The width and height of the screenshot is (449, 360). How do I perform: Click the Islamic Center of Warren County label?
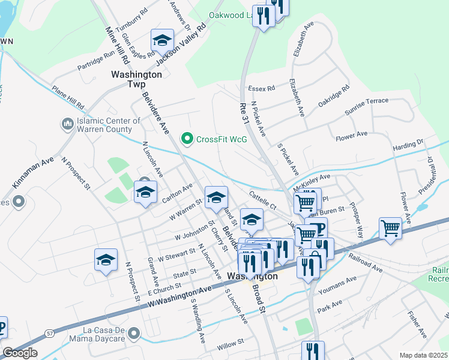(x=109, y=125)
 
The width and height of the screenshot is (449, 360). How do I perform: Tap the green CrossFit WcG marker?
(x=187, y=139)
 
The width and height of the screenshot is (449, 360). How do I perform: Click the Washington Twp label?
(x=137, y=80)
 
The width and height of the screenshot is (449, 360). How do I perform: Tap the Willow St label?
(x=231, y=342)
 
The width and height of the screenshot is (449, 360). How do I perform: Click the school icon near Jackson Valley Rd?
(x=162, y=41)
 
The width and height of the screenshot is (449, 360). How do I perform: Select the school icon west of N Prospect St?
(x=106, y=260)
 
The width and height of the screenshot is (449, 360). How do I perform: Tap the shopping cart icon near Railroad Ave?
(x=391, y=229)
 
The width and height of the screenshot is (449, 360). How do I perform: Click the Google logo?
(x=20, y=353)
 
